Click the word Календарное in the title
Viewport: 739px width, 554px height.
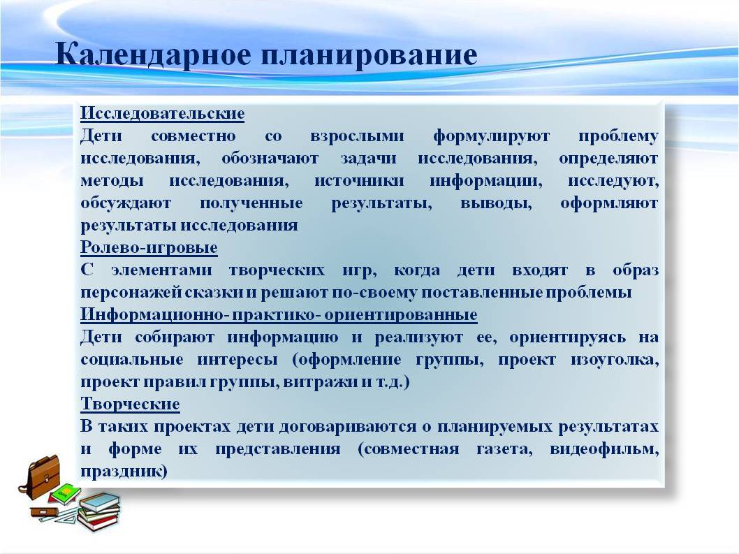[x=153, y=54]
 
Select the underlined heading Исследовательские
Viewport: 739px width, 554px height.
[x=163, y=114]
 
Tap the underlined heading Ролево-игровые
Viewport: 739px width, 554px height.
[x=149, y=248]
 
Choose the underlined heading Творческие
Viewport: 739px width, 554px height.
[x=130, y=404]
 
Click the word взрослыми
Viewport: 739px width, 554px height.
[x=357, y=137]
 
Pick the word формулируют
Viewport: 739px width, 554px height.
[x=491, y=137]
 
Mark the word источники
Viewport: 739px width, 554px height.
[x=359, y=180]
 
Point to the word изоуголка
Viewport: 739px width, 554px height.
[x=615, y=360]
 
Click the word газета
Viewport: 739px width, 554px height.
[x=504, y=449]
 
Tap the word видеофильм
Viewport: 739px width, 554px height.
[x=604, y=449]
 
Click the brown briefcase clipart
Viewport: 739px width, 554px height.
[x=41, y=476]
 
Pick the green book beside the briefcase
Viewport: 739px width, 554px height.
[x=64, y=495]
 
